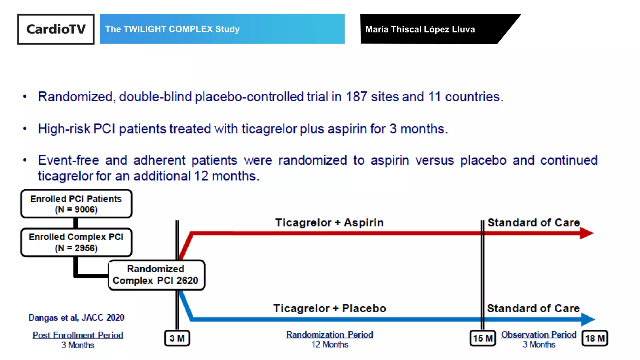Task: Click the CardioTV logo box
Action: coord(56,29)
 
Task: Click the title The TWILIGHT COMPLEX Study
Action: coord(172,29)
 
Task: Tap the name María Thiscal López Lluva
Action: coord(420,29)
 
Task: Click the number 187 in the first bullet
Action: coord(356,97)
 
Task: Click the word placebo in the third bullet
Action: coord(483,160)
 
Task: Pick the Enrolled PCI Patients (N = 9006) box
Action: coord(76,204)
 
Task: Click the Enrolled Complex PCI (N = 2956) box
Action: coord(76,242)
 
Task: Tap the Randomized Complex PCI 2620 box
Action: coord(156,275)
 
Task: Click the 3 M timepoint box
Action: coord(177,338)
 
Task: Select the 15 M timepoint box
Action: coord(482,338)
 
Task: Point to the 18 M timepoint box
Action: coord(594,338)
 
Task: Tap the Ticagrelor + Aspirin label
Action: coord(329,222)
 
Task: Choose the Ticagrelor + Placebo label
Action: coord(329,308)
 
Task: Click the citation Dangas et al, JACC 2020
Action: coord(76,317)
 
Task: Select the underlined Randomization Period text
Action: coord(329,335)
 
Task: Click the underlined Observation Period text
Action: coord(539,335)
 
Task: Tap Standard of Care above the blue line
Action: coord(533,308)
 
